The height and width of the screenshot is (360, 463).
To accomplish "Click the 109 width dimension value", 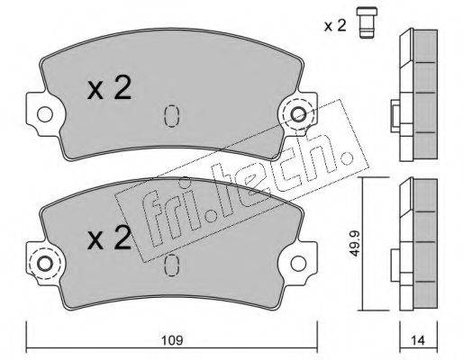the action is pyautogui.click(x=172, y=341).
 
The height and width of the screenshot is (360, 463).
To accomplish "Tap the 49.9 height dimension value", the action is pyautogui.click(x=355, y=243).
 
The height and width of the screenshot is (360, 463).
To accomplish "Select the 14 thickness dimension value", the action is pyautogui.click(x=418, y=340).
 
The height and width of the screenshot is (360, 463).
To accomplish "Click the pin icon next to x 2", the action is pyautogui.click(x=367, y=23).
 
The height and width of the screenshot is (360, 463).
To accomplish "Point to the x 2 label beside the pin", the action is pyautogui.click(x=335, y=26).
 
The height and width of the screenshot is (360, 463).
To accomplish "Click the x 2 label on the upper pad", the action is pyautogui.click(x=109, y=87).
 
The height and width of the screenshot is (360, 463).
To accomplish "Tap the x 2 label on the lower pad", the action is pyautogui.click(x=109, y=238).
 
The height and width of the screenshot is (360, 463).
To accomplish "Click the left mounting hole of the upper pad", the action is pyautogui.click(x=45, y=114).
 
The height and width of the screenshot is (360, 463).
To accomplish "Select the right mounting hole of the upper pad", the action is pyautogui.click(x=299, y=114).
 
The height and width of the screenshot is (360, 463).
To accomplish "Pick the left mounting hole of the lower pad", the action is pyautogui.click(x=45, y=264).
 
